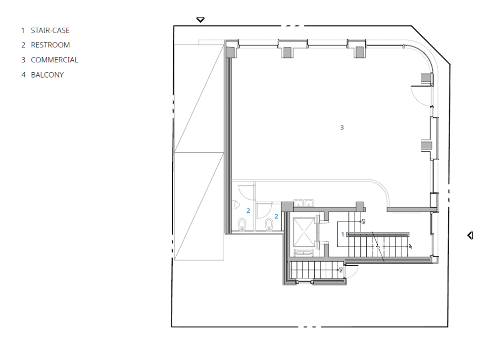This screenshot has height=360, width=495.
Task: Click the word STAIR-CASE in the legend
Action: coord(50,30)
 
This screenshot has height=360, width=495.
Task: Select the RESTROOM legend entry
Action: coord(50,45)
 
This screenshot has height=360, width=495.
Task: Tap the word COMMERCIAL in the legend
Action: coord(54,60)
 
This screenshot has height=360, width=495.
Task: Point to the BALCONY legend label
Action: coord(47,75)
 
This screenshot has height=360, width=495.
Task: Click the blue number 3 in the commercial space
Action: coord(342,128)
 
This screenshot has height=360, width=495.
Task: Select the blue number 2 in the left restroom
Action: coord(248,211)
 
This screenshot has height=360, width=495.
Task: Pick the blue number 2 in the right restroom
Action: coord(276,216)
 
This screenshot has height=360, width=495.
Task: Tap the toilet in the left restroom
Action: coord(242,225)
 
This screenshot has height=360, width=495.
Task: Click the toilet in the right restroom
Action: coord(269,225)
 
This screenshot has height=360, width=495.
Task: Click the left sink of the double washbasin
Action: coord(299,202)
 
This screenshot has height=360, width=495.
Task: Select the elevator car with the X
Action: coord(304,231)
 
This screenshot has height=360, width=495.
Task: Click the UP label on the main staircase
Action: coord(410,246)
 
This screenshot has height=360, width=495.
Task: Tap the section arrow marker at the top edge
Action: coord(200,20)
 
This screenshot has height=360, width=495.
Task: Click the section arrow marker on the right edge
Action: coord(470,235)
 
